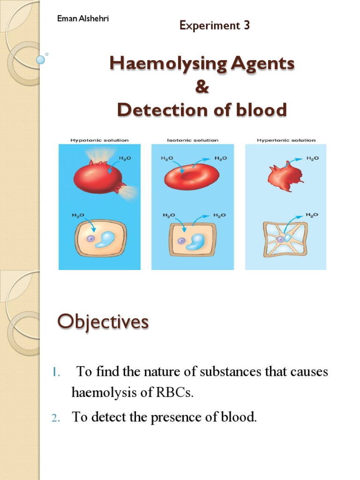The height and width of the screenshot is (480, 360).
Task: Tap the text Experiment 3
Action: click(215, 26)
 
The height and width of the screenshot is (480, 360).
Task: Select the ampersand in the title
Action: click(202, 87)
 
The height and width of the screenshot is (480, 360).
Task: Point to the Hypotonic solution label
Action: click(99, 140)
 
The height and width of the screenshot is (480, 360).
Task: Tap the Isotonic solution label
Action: click(192, 140)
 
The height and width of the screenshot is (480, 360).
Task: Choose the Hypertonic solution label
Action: click(286, 140)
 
